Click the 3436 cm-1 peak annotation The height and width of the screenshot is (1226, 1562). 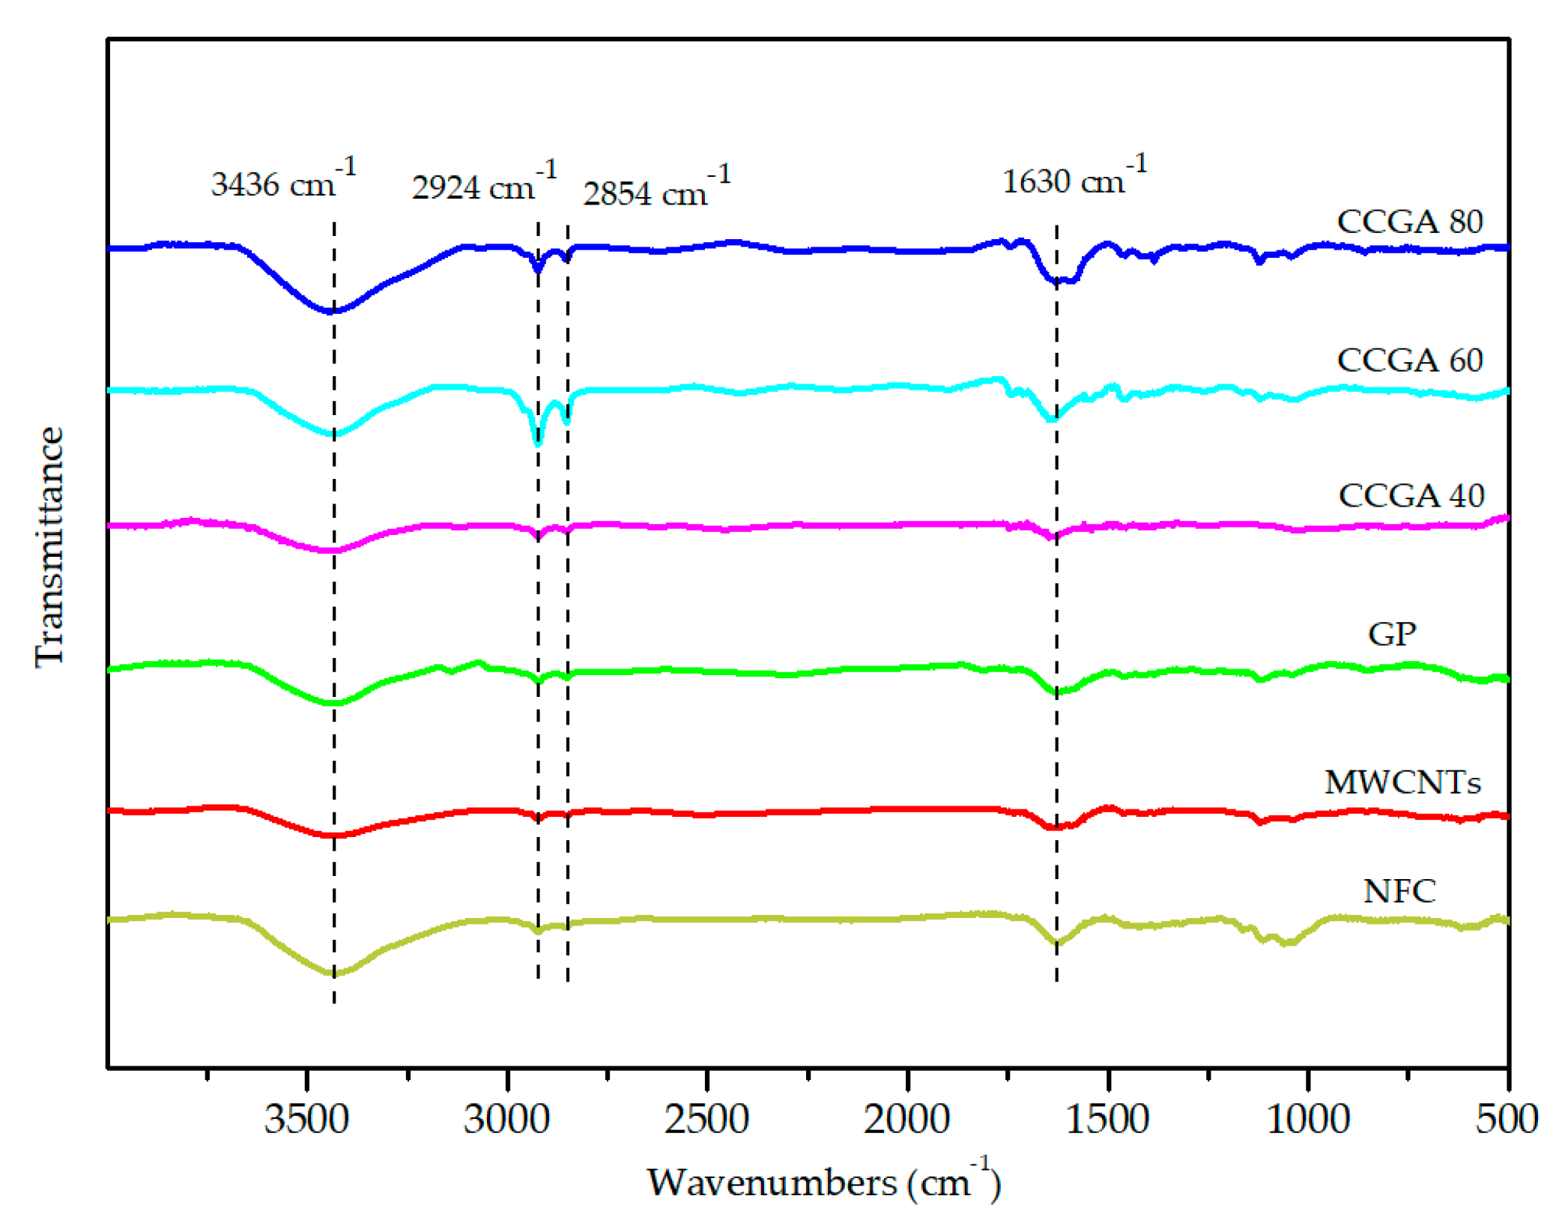[x=283, y=181]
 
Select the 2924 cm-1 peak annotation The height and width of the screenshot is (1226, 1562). [x=484, y=184]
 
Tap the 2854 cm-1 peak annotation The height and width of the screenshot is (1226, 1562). [x=656, y=190]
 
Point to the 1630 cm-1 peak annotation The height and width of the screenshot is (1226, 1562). [x=1074, y=178]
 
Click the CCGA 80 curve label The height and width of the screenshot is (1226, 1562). [x=1409, y=222]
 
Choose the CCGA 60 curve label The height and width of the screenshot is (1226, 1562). [x=1409, y=360]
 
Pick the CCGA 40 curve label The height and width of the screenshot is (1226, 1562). [x=1411, y=495]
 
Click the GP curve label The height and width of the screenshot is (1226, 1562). [x=1391, y=634]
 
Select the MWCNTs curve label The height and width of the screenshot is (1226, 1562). [x=1402, y=782]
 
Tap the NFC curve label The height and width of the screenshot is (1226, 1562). [x=1399, y=891]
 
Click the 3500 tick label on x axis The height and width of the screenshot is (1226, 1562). [x=306, y=1119]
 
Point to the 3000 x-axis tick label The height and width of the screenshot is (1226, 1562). [x=506, y=1119]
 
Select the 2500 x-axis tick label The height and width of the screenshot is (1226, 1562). [x=706, y=1119]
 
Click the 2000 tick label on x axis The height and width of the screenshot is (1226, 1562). [x=906, y=1119]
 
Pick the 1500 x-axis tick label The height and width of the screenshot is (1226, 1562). [x=1107, y=1119]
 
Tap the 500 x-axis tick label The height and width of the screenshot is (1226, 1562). [x=1507, y=1119]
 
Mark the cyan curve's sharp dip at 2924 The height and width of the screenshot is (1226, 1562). [x=538, y=443]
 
